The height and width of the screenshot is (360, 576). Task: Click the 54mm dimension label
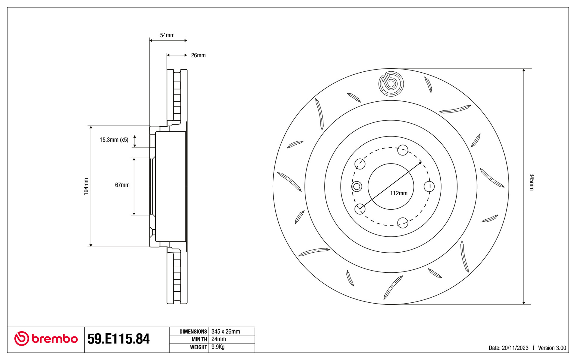point(167,35)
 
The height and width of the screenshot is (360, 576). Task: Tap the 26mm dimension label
point(198,55)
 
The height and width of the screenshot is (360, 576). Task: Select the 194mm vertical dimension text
point(86,186)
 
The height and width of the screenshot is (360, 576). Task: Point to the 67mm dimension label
point(122,185)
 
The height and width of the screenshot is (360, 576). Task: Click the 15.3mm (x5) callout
point(114,139)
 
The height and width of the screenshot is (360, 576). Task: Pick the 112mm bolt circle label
point(399,193)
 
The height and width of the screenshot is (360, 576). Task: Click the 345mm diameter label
point(532,182)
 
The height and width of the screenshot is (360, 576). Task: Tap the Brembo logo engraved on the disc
point(391,84)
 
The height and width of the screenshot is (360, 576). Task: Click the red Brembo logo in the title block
point(46,339)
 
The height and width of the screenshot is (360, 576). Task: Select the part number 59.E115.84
point(118,339)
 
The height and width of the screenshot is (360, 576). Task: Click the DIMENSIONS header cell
point(189,331)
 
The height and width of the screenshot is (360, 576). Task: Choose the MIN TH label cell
point(189,339)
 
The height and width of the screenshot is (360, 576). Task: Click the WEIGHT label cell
point(189,347)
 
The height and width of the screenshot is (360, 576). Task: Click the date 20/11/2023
point(515,348)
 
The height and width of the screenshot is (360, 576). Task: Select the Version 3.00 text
point(552,348)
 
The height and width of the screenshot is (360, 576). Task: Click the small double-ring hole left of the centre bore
point(357,187)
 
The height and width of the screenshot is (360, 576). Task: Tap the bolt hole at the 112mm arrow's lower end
point(360,209)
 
